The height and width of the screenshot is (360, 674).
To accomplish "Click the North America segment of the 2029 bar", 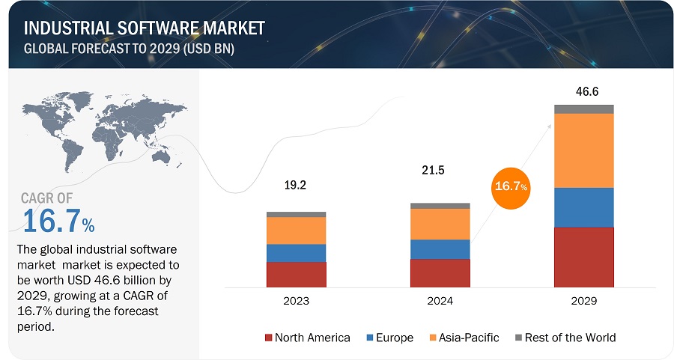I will (583, 257).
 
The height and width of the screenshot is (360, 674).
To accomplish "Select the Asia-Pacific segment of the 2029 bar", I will (583, 150).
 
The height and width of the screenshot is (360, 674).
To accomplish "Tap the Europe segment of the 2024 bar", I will (440, 249).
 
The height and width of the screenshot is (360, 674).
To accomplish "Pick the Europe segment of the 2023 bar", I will (296, 253).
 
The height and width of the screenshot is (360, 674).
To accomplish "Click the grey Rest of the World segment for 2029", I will (583, 109).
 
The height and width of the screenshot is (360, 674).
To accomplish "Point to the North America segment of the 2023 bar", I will (296, 275).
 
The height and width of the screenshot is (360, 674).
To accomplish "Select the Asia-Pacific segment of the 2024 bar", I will (440, 224).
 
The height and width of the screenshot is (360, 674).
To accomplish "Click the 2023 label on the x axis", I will (296, 301).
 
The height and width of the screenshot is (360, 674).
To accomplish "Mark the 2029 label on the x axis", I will (583, 301).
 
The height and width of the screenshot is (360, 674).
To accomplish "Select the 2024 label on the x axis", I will (440, 301).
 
